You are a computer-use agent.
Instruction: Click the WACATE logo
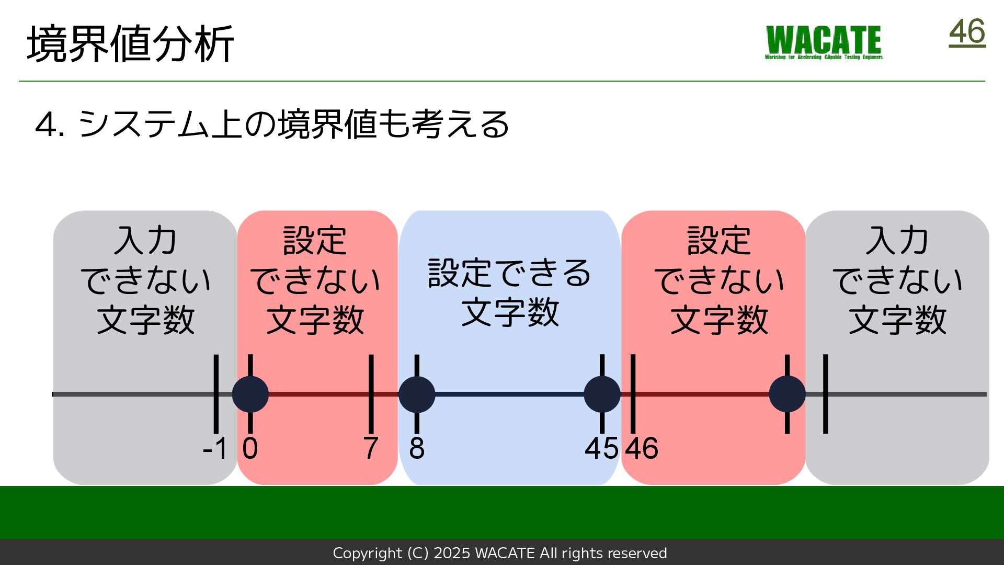[824, 42]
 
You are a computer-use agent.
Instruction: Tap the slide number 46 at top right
[967, 32]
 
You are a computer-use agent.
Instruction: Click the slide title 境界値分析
[130, 44]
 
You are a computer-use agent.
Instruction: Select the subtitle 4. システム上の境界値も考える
[272, 125]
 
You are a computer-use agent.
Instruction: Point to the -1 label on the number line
[215, 448]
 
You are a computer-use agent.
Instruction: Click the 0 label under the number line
[250, 448]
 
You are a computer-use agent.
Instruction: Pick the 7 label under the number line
[370, 448]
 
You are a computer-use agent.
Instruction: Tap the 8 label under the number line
[417, 448]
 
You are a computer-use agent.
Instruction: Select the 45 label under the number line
[601, 448]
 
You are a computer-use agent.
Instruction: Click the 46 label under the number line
[642, 448]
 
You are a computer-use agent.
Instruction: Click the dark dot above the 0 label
[250, 394]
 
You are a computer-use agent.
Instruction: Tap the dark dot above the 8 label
[417, 394]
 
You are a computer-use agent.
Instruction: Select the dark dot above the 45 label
[602, 394]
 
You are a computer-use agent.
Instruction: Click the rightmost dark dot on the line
[787, 394]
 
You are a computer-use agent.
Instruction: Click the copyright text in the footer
[500, 553]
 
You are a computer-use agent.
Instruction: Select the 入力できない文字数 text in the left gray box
[145, 280]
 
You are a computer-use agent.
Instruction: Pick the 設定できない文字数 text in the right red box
[719, 280]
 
